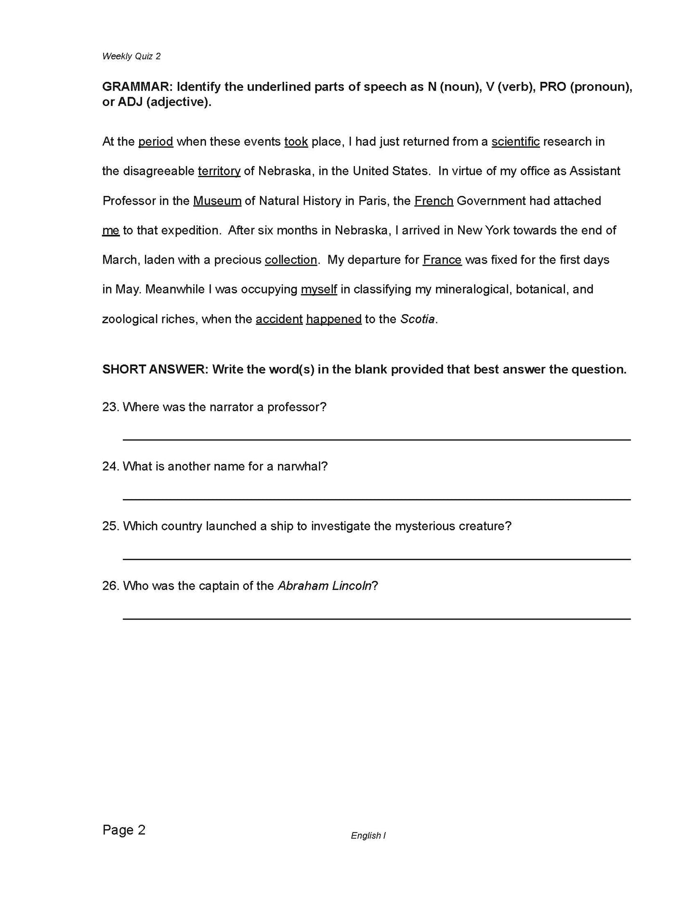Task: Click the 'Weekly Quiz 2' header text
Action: (x=131, y=56)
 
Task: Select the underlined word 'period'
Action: (x=156, y=142)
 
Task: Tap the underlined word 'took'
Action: (x=296, y=142)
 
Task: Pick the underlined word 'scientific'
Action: (x=515, y=142)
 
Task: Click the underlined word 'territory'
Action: (x=219, y=171)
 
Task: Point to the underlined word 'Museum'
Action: (x=217, y=201)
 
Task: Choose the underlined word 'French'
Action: (x=433, y=201)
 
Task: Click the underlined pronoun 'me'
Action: (x=111, y=231)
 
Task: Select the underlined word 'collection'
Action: (x=291, y=260)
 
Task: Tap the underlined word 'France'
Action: (x=442, y=260)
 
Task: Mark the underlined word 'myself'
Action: (x=319, y=290)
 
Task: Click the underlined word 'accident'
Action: (x=279, y=319)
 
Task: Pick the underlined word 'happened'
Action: (x=334, y=319)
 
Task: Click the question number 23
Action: (x=110, y=407)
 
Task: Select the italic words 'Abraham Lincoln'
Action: (x=325, y=586)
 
